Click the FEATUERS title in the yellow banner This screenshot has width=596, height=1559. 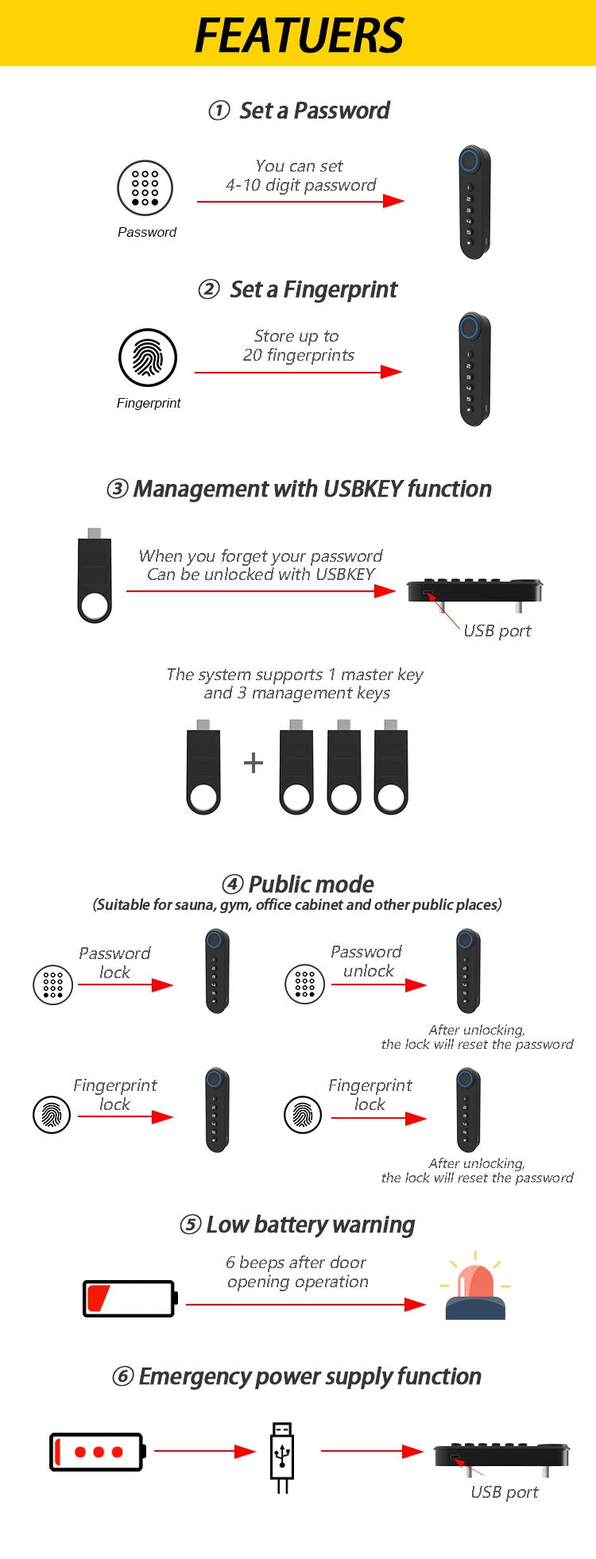coord(299,35)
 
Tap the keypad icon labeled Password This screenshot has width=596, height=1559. coord(145,188)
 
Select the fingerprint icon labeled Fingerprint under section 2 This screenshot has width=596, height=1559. coord(148,358)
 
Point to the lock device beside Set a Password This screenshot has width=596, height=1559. coord(474,202)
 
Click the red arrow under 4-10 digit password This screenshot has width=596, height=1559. coord(300,202)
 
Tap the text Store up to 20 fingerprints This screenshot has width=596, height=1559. coord(298,346)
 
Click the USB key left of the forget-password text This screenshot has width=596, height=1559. coord(95,575)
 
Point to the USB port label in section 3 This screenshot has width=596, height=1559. coord(497,631)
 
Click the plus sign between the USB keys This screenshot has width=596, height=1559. coord(253,763)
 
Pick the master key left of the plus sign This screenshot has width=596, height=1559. coord(203,768)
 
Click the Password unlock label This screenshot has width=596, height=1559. coord(366,961)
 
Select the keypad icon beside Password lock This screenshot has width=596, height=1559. coord(52,985)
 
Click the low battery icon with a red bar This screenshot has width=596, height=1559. coord(130,1298)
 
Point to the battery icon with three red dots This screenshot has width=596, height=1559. coord(97,1452)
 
